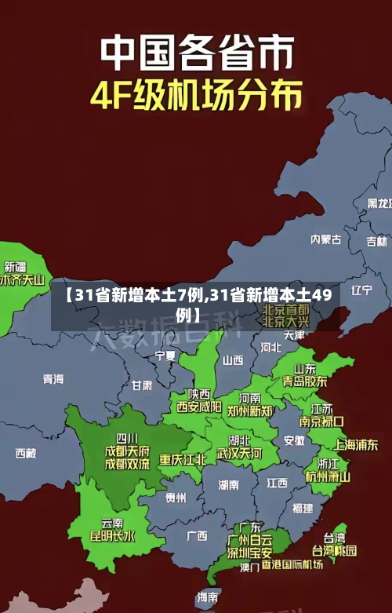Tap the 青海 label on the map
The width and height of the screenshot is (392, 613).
click(x=53, y=378)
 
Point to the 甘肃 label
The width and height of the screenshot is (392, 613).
click(x=142, y=385)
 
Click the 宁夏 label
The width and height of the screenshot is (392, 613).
click(x=165, y=356)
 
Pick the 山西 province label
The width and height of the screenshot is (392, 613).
click(x=233, y=360)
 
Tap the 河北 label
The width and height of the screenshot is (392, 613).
click(x=270, y=345)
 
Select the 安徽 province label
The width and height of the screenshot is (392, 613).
click(x=294, y=440)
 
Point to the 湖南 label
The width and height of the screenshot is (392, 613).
click(x=228, y=484)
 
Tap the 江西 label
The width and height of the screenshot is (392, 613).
click(x=277, y=482)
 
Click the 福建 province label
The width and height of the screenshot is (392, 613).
click(x=302, y=508)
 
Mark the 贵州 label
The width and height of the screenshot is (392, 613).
click(x=176, y=497)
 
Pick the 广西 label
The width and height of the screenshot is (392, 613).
click(x=197, y=535)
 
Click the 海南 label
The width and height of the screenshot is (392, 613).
click(x=207, y=597)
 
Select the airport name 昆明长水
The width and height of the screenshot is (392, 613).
click(x=112, y=537)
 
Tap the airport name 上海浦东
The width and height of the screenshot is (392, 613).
click(x=356, y=443)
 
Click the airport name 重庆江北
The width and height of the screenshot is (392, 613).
click(x=183, y=459)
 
